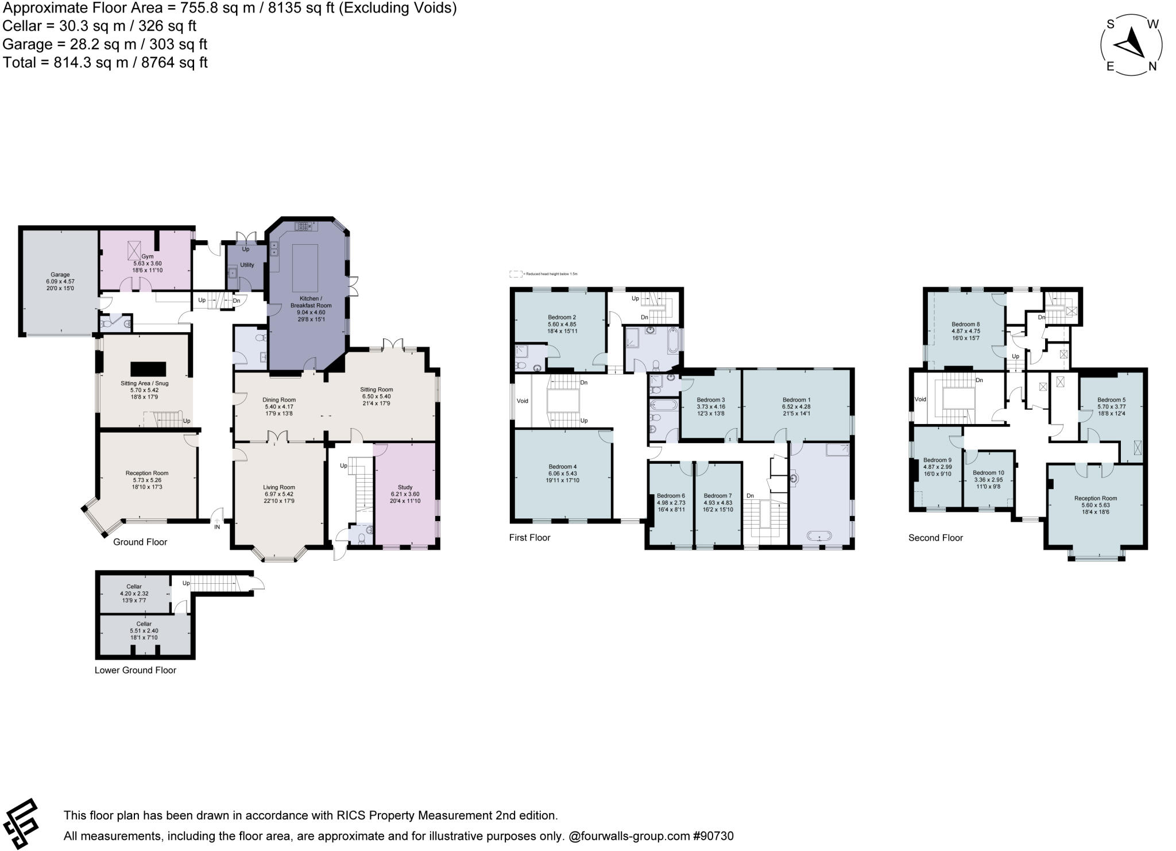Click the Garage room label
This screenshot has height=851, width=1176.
(60, 275)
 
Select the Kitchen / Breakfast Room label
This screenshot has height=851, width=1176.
(311, 302)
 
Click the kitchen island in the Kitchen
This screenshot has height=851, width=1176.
(305, 268)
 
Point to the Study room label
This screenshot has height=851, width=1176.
(405, 487)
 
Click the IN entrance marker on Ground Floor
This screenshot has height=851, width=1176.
(217, 527)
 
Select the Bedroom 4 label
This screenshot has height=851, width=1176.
(562, 467)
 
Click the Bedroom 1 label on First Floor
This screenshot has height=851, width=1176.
(796, 400)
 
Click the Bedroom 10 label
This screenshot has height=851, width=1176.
(988, 473)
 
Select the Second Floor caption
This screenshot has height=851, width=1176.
(935, 538)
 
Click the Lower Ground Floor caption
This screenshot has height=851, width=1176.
(136, 670)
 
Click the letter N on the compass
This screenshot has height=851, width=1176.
(1152, 67)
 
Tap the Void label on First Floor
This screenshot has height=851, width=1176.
(522, 401)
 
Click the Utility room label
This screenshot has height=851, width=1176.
(247, 265)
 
